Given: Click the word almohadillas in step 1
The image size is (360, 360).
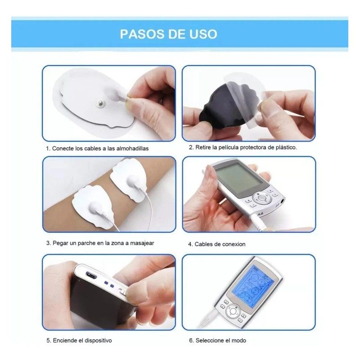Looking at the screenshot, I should [x=132, y=148].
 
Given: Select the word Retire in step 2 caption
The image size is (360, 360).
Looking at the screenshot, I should [x=202, y=147].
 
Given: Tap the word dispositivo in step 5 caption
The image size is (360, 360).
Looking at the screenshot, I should [x=97, y=341].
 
